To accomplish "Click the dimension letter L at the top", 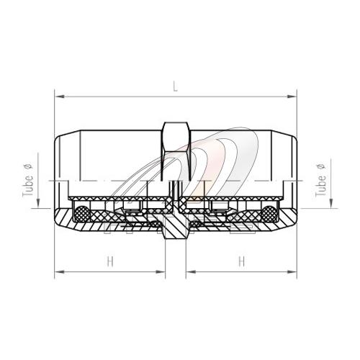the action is pyautogui.click(x=176, y=86).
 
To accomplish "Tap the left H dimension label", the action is pyautogui.click(x=110, y=261).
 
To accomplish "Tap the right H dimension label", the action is pyautogui.click(x=242, y=261).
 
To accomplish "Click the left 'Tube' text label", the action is pyautogui.click(x=28, y=186).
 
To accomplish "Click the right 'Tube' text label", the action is pyautogui.click(x=321, y=186).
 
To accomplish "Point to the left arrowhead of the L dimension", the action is pyautogui.click(x=60, y=96).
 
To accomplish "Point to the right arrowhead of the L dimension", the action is pyautogui.click(x=292, y=96).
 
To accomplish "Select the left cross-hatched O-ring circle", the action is pyautogui.click(x=81, y=214).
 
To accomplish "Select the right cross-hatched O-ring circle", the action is pyautogui.click(x=269, y=214).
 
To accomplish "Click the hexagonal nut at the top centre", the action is pyautogui.click(x=176, y=152).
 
